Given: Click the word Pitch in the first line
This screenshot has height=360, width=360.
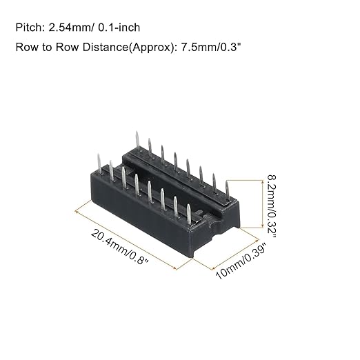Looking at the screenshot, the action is pyautogui.click(x=28, y=28).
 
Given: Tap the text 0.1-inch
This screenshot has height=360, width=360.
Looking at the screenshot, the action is pyautogui.click(x=119, y=28).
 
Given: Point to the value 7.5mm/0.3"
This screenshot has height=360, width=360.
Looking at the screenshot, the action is pyautogui.click(x=212, y=47).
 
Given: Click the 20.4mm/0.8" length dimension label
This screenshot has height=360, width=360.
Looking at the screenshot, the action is pyautogui.click(x=120, y=247).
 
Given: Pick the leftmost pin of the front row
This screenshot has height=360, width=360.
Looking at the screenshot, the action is pyautogui.click(x=99, y=163).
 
